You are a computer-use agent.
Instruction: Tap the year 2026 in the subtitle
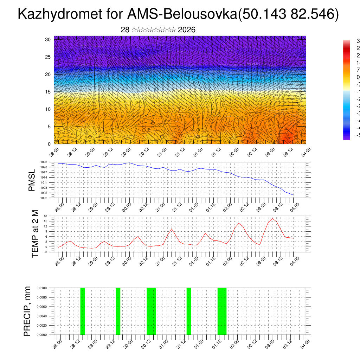pos(187,30)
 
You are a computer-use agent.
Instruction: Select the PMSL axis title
pos(32,180)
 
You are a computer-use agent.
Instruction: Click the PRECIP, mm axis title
pos(27,311)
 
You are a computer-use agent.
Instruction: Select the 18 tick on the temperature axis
pos(50,216)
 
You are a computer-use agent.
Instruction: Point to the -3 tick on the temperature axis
pos(50,252)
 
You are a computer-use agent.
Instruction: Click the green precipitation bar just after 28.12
pos(83,311)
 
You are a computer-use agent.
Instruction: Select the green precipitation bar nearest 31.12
pos(189,311)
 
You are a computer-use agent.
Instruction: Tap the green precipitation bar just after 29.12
pos(118,311)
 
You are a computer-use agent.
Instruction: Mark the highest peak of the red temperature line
pos(272,219)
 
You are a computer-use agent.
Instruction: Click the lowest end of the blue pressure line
pos(293,195)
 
